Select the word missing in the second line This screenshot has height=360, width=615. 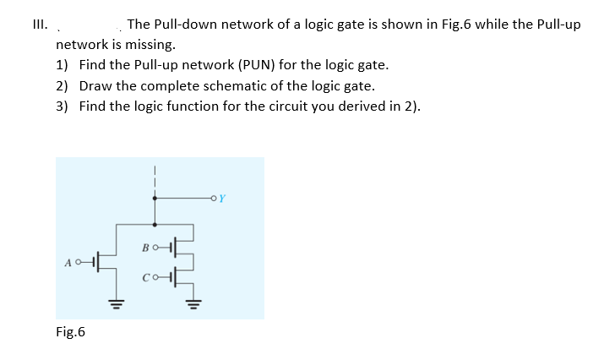[150, 44]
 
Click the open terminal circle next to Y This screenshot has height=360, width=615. [217, 200]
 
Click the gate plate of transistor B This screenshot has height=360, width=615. [173, 247]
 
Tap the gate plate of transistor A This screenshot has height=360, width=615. [95, 262]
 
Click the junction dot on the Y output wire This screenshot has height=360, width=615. [154, 200]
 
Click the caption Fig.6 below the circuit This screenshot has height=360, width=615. [71, 332]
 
